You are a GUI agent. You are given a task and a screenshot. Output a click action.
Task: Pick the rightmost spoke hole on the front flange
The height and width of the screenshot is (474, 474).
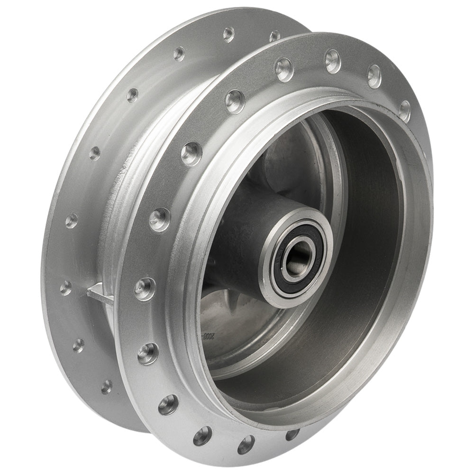[404, 110]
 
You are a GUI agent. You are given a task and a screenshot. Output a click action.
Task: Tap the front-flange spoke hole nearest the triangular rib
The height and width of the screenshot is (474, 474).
[145, 288]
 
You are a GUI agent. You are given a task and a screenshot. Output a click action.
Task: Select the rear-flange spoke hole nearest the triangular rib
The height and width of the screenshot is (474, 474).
[66, 287]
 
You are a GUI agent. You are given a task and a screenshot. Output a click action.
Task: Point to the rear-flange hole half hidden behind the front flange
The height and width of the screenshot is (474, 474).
[274, 36]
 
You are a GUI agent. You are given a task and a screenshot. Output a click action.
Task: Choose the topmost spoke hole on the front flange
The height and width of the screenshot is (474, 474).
[333, 61]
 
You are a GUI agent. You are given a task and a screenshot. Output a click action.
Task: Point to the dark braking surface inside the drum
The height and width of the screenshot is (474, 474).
[374, 265]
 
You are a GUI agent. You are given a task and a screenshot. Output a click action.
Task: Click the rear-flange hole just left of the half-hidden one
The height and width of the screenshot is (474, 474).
[229, 34]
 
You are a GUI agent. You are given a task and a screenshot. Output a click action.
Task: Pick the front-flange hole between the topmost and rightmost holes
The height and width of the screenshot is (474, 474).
[374, 76]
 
